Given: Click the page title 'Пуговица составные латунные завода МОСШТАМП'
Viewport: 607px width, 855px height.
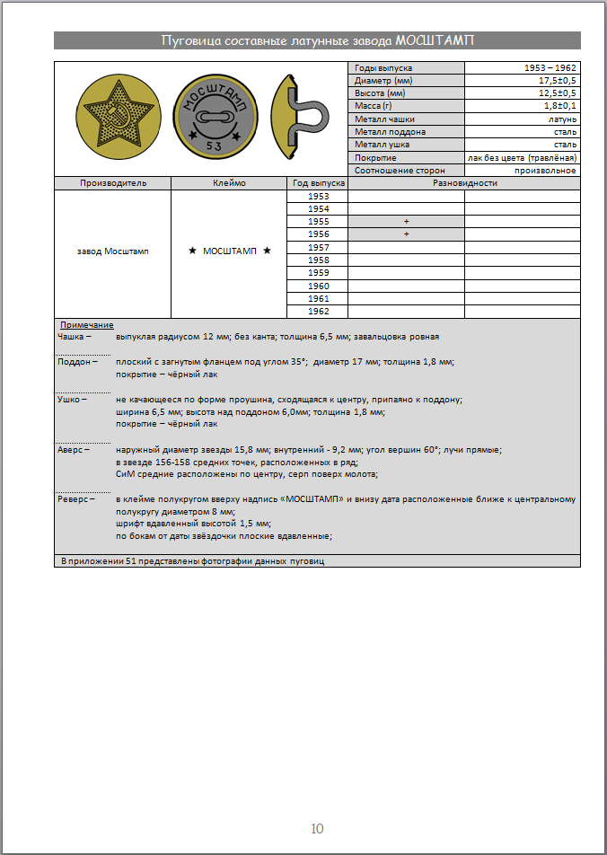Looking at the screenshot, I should pyautogui.click(x=317, y=40).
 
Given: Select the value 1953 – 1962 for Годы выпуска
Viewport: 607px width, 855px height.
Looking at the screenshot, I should pyautogui.click(x=550, y=68).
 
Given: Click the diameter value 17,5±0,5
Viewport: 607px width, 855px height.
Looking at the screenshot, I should pyautogui.click(x=557, y=81).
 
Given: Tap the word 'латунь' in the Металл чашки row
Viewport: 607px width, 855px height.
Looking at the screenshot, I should pyautogui.click(x=562, y=119).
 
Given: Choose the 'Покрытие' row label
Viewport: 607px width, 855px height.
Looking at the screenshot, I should pyautogui.click(x=375, y=157).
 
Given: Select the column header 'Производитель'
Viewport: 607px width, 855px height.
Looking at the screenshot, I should pyautogui.click(x=113, y=183).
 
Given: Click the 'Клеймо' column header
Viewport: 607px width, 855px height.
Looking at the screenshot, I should pyautogui.click(x=229, y=183).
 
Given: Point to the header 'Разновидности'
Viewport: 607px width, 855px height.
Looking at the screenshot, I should pyautogui.click(x=464, y=183).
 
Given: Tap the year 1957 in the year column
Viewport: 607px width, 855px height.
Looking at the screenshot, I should pyautogui.click(x=318, y=247).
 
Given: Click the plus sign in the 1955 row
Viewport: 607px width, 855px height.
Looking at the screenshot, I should pyautogui.click(x=406, y=221).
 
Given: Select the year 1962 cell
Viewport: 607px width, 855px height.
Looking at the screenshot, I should pyautogui.click(x=318, y=311).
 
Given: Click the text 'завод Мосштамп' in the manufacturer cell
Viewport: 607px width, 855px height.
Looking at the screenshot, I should pyautogui.click(x=113, y=251).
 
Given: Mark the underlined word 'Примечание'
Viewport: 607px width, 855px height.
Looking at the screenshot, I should pyautogui.click(x=86, y=324).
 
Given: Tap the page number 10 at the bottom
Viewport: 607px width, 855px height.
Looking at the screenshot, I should pyautogui.click(x=317, y=828).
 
